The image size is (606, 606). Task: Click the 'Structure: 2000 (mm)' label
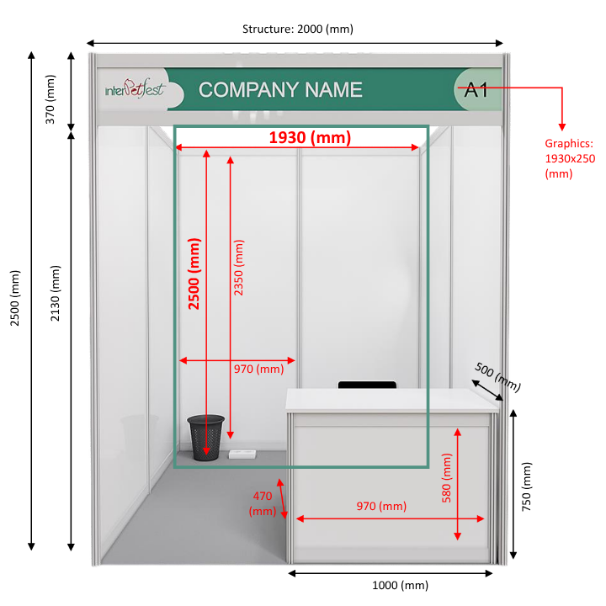(298, 29)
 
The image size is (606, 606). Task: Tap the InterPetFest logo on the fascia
(136, 88)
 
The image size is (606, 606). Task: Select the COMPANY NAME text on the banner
(280, 90)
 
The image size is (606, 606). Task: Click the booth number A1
(476, 90)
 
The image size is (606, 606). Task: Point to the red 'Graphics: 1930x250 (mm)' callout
(570, 158)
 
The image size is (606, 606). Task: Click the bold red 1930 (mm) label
(310, 137)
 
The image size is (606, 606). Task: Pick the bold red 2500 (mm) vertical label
(194, 274)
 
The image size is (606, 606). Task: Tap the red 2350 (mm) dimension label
(239, 268)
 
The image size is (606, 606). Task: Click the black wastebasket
(205, 438)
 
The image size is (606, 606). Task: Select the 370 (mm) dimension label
(50, 99)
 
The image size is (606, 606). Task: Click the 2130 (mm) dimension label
(56, 294)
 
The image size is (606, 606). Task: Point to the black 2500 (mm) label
(14, 298)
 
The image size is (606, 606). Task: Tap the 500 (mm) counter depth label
(497, 376)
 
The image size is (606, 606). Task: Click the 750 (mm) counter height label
(526, 486)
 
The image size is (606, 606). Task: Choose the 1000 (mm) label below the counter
(400, 585)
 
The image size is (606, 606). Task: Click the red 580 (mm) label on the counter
(446, 478)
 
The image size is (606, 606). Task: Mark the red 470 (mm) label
(263, 503)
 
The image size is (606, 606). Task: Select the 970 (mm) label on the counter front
(381, 506)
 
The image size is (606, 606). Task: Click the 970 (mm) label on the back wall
(258, 369)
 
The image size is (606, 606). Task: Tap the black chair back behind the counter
(367, 385)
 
